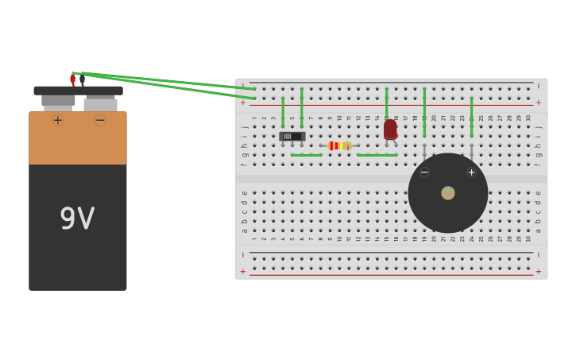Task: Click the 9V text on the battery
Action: point(77,219)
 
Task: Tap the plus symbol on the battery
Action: point(57,120)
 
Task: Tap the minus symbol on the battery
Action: point(100,120)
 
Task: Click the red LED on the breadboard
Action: point(390,130)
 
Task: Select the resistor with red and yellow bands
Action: point(339,145)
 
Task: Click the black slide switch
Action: point(292,137)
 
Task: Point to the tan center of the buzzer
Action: point(448,193)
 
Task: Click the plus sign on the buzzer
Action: point(471,172)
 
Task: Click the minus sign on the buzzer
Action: point(424,172)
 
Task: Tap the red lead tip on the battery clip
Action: point(72,79)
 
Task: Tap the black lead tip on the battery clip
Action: point(82,79)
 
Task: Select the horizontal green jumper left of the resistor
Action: point(306,155)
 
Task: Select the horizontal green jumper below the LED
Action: point(377,155)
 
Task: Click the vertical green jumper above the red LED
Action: point(387,103)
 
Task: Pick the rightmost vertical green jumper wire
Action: point(471,117)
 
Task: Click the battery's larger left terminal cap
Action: point(58,100)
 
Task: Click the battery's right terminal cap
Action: point(100,104)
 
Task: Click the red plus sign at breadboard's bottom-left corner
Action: point(243,271)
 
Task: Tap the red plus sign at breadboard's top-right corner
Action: point(538,103)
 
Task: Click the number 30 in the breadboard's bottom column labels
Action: point(528,238)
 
